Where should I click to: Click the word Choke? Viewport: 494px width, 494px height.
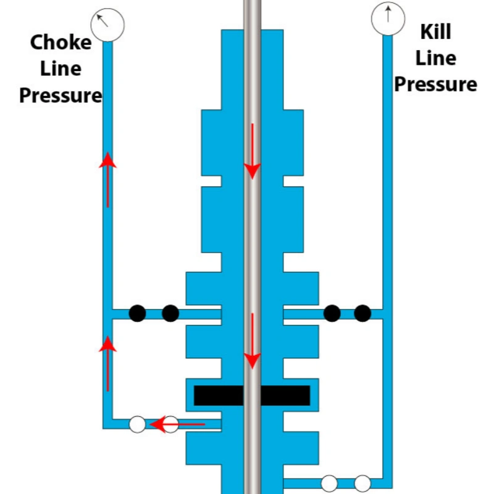coord(61,43)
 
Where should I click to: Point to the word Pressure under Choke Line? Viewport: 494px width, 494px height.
coord(61,96)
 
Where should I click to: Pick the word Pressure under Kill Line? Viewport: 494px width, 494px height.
coord(436,84)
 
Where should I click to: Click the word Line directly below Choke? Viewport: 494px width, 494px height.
coord(61,69)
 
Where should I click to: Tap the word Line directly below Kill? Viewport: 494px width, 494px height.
coord(436,58)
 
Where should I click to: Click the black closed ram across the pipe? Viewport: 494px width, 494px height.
coord(252,395)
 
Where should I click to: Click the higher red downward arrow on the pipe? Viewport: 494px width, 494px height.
coord(252,151)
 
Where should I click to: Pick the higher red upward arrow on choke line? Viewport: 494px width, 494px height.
coord(108,179)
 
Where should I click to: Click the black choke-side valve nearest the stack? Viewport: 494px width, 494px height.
coord(170,313)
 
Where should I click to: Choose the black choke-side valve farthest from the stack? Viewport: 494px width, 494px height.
coord(138,313)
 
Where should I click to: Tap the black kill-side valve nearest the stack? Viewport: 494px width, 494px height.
coord(332,313)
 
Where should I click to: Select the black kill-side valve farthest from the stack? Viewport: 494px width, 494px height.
coord(363,313)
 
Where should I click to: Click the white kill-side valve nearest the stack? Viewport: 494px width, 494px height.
coord(329,482)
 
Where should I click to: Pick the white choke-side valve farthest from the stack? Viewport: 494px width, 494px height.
coord(138,424)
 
